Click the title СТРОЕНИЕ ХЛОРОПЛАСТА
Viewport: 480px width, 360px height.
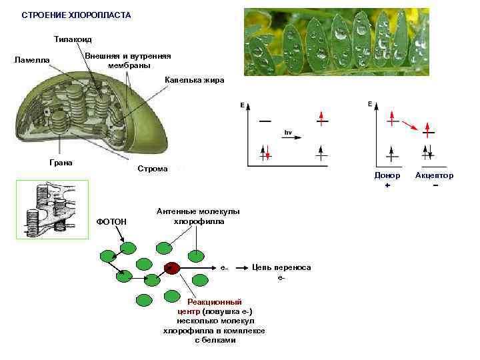76,15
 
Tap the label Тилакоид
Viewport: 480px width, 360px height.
73,39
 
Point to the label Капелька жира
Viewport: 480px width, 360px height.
195,80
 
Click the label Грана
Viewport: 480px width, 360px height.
61,162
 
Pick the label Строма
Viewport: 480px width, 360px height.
153,169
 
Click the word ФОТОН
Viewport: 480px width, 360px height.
111,221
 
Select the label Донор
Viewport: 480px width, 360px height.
387,175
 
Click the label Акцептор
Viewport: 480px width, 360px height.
434,175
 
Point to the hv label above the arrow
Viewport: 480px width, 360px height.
289,132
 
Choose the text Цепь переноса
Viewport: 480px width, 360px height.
281,267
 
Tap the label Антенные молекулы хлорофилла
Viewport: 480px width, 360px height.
198,216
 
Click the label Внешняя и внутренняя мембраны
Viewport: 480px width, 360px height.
129,61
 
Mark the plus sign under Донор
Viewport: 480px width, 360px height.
387,185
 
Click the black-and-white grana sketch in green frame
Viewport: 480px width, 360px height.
51,208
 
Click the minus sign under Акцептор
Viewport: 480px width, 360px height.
435,185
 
